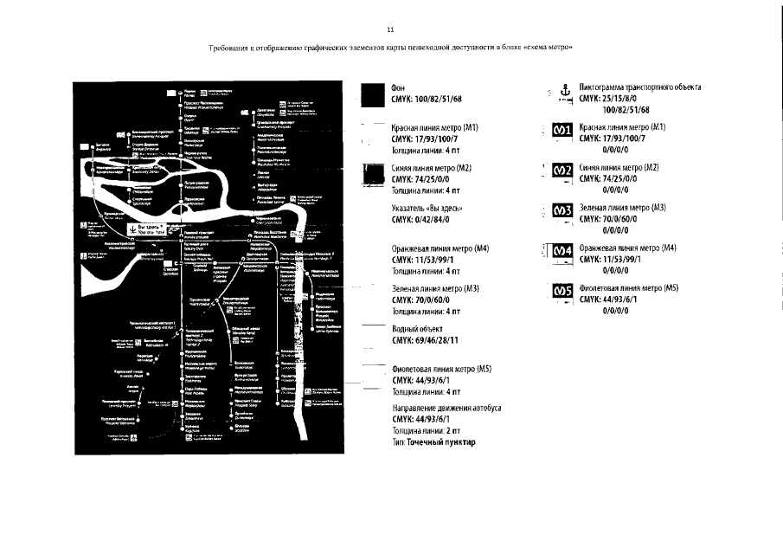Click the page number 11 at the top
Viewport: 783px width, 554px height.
(x=390, y=30)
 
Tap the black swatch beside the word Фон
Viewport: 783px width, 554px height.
(x=374, y=93)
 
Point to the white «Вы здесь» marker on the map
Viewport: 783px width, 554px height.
(x=150, y=229)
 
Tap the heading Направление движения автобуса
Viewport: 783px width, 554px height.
(x=446, y=408)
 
